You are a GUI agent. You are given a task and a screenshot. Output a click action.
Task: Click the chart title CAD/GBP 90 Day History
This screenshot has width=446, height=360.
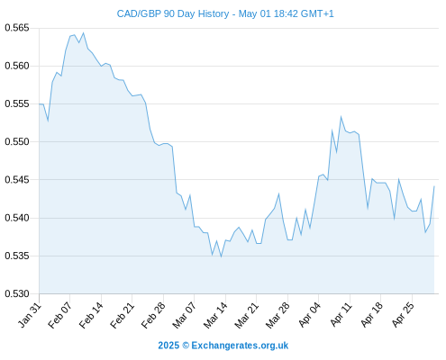(x=173, y=13)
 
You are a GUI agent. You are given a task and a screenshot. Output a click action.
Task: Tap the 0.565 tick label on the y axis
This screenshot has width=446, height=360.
(x=17, y=28)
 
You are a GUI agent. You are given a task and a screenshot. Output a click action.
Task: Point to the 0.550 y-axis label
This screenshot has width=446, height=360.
(x=17, y=141)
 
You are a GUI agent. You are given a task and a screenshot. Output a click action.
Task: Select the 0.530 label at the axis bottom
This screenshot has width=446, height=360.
(x=17, y=293)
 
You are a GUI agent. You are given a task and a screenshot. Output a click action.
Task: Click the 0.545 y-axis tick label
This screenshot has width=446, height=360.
(x=17, y=180)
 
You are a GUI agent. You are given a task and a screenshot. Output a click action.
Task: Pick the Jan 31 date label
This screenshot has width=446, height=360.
(x=30, y=315)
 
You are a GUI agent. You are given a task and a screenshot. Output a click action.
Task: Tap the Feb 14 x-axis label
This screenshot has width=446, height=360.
(x=91, y=315)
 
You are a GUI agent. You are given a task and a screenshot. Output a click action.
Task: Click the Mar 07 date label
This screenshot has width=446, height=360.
(x=184, y=315)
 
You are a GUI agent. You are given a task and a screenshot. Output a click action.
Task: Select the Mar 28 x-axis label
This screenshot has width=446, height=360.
(x=278, y=315)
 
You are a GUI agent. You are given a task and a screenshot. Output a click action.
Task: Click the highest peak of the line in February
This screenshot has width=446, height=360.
(x=84, y=33)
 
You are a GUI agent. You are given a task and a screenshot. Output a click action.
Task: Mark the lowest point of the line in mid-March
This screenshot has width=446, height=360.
(x=221, y=256)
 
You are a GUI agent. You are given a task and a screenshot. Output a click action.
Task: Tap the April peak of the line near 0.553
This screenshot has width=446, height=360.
(x=341, y=116)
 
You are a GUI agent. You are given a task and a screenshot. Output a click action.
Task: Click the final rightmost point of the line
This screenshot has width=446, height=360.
(x=434, y=186)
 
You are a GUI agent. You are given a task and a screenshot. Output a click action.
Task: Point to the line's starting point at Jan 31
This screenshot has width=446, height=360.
(x=40, y=103)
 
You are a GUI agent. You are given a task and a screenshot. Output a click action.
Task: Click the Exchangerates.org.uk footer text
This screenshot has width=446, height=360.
(x=240, y=346)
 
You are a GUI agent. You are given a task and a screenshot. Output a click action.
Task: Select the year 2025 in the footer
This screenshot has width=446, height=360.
(x=168, y=346)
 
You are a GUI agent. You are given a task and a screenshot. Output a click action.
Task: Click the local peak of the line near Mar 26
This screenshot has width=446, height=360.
(x=279, y=193)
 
